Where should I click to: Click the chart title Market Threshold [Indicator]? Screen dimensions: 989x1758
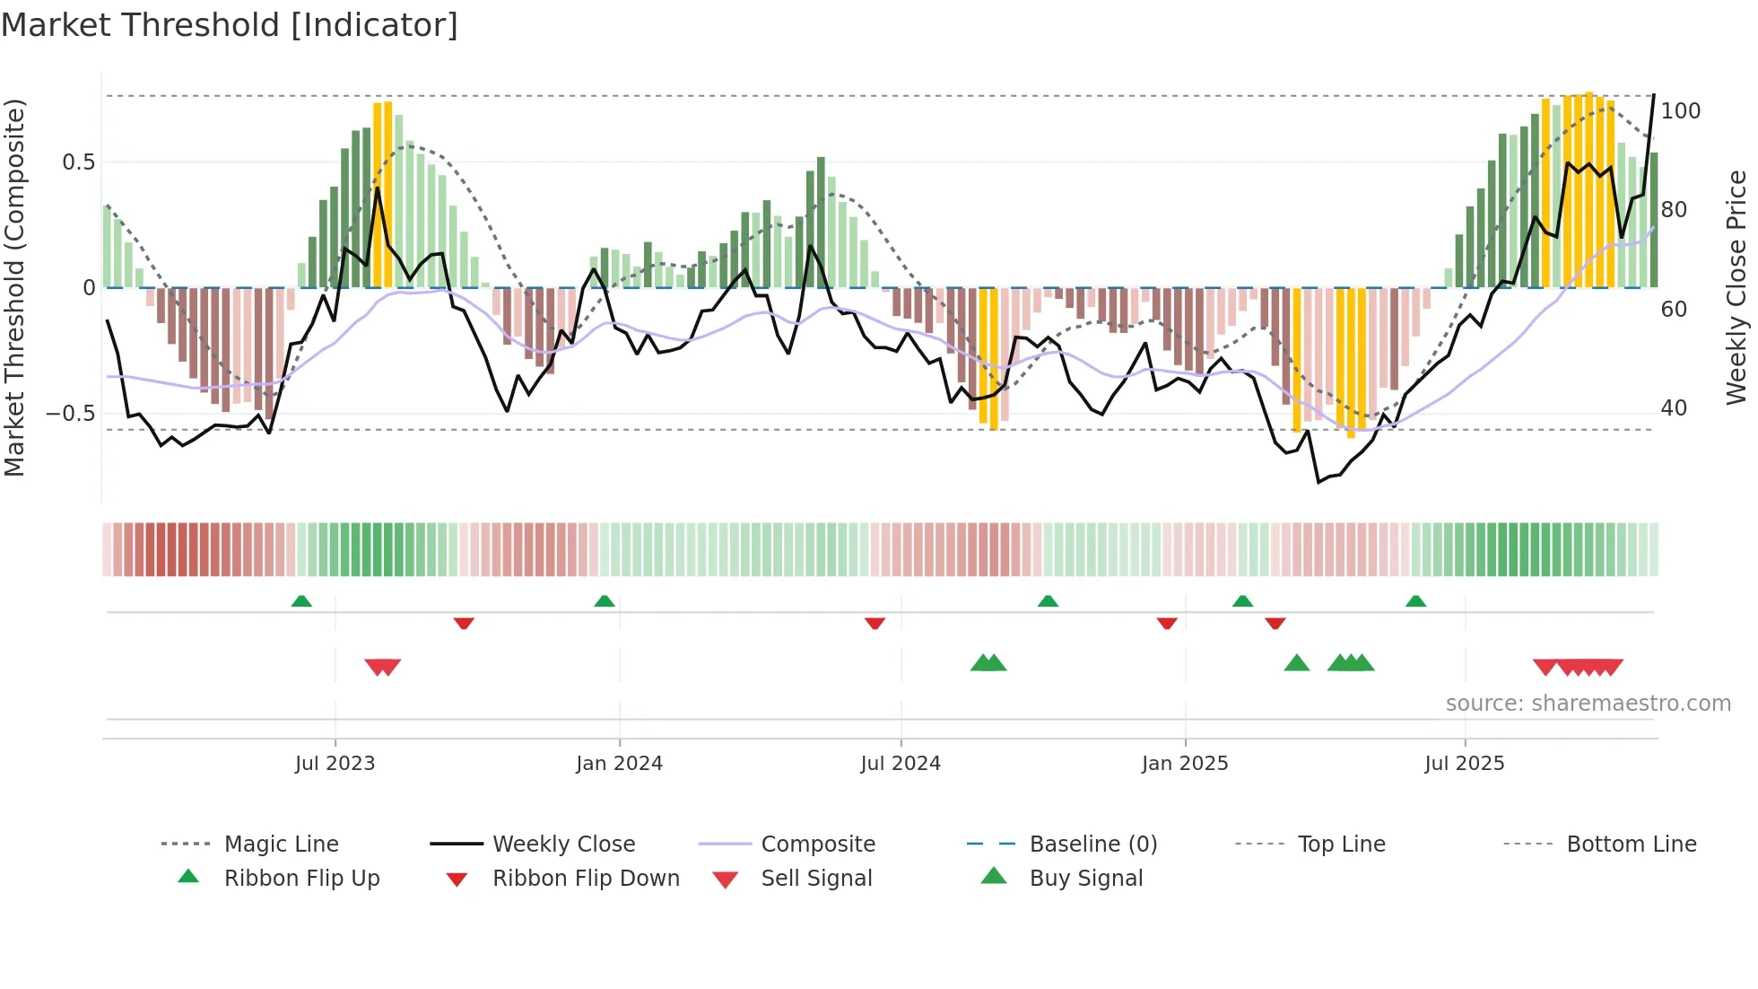(x=230, y=25)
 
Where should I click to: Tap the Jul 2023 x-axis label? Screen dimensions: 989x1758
(x=335, y=764)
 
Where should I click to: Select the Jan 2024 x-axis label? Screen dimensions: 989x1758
(x=619, y=764)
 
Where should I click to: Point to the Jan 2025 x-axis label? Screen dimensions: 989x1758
(x=1184, y=764)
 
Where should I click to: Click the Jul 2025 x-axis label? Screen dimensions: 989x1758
(x=1464, y=764)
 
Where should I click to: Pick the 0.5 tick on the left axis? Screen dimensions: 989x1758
(x=78, y=162)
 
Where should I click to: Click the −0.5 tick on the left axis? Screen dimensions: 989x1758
(x=70, y=414)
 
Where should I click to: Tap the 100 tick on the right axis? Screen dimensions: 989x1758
(x=1680, y=111)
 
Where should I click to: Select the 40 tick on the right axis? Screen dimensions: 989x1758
(x=1674, y=408)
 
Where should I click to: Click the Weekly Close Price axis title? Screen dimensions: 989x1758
(x=1736, y=287)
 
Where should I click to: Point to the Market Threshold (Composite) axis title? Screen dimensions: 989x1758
(x=14, y=287)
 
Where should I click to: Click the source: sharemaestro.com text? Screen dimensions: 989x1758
(x=1588, y=704)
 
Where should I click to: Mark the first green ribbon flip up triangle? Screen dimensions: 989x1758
(x=301, y=601)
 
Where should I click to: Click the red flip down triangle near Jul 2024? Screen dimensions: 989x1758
(x=875, y=623)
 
